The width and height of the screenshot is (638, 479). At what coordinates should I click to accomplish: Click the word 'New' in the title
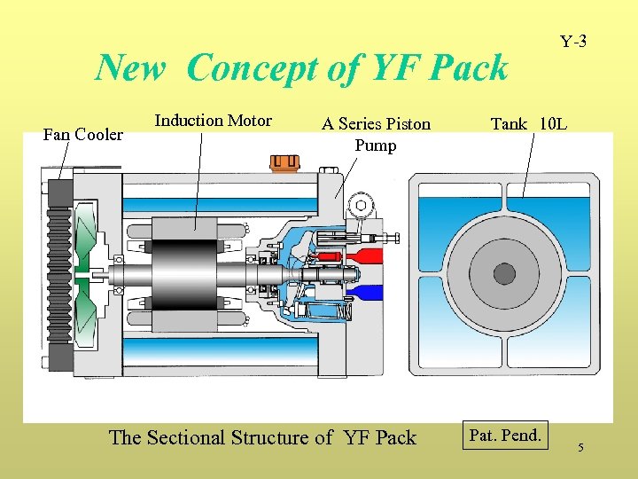132,67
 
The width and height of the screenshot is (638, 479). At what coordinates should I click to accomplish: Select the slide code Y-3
572,42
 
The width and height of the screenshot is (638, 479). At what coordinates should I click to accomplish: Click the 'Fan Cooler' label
83,135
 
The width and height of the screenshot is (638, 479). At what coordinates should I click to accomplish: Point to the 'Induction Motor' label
213,121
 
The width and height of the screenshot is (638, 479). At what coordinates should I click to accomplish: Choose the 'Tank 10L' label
528,124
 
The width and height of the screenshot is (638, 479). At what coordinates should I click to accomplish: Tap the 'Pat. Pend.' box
504,436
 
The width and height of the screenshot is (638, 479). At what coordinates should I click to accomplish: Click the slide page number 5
580,448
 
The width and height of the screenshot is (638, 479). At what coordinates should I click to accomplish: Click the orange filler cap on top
285,163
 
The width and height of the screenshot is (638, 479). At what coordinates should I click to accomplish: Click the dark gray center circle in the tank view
504,274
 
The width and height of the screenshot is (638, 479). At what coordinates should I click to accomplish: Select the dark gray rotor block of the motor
184,274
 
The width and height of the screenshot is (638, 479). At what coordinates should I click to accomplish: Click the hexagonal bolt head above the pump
362,206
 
